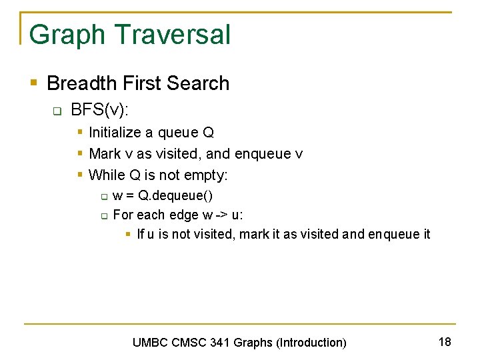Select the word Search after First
coord(198,83)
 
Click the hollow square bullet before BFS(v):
coord(57,110)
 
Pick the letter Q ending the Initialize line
coord(208,133)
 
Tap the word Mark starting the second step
coord(105,154)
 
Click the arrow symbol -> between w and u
coord(222,215)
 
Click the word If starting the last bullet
coord(141,234)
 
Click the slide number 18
coord(445,342)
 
